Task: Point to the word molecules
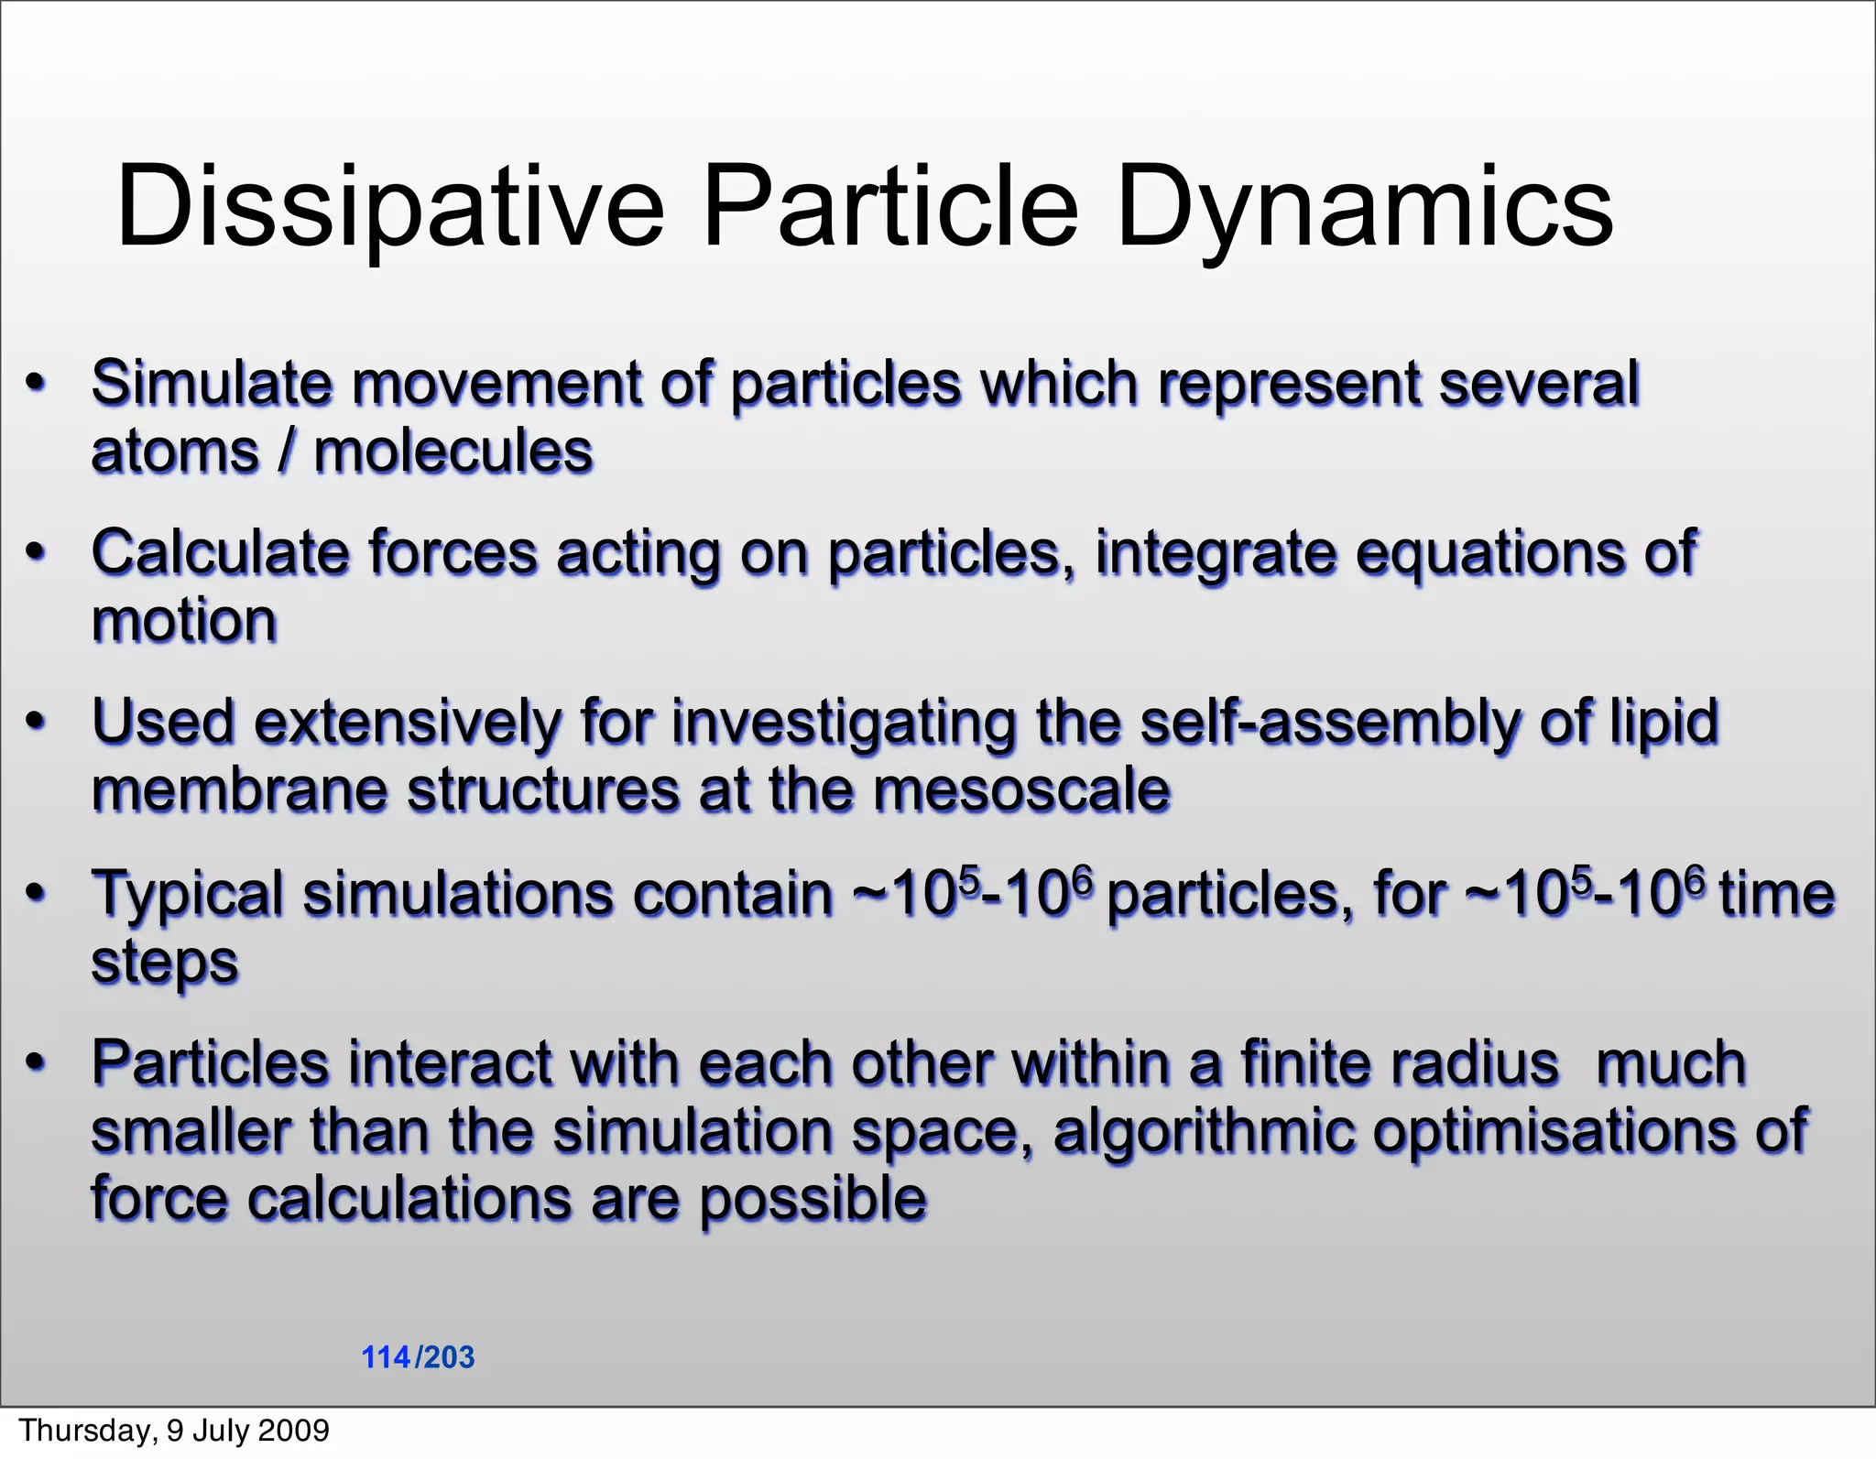click(453, 452)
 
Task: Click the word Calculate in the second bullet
click(220, 553)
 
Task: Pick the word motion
click(184, 621)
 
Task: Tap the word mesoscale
click(1021, 789)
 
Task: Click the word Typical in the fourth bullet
click(188, 894)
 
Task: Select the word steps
click(165, 962)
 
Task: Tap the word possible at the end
click(813, 1200)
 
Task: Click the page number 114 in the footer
click(386, 1357)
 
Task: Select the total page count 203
click(449, 1357)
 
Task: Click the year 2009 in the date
click(293, 1431)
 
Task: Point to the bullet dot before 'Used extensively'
click(35, 723)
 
